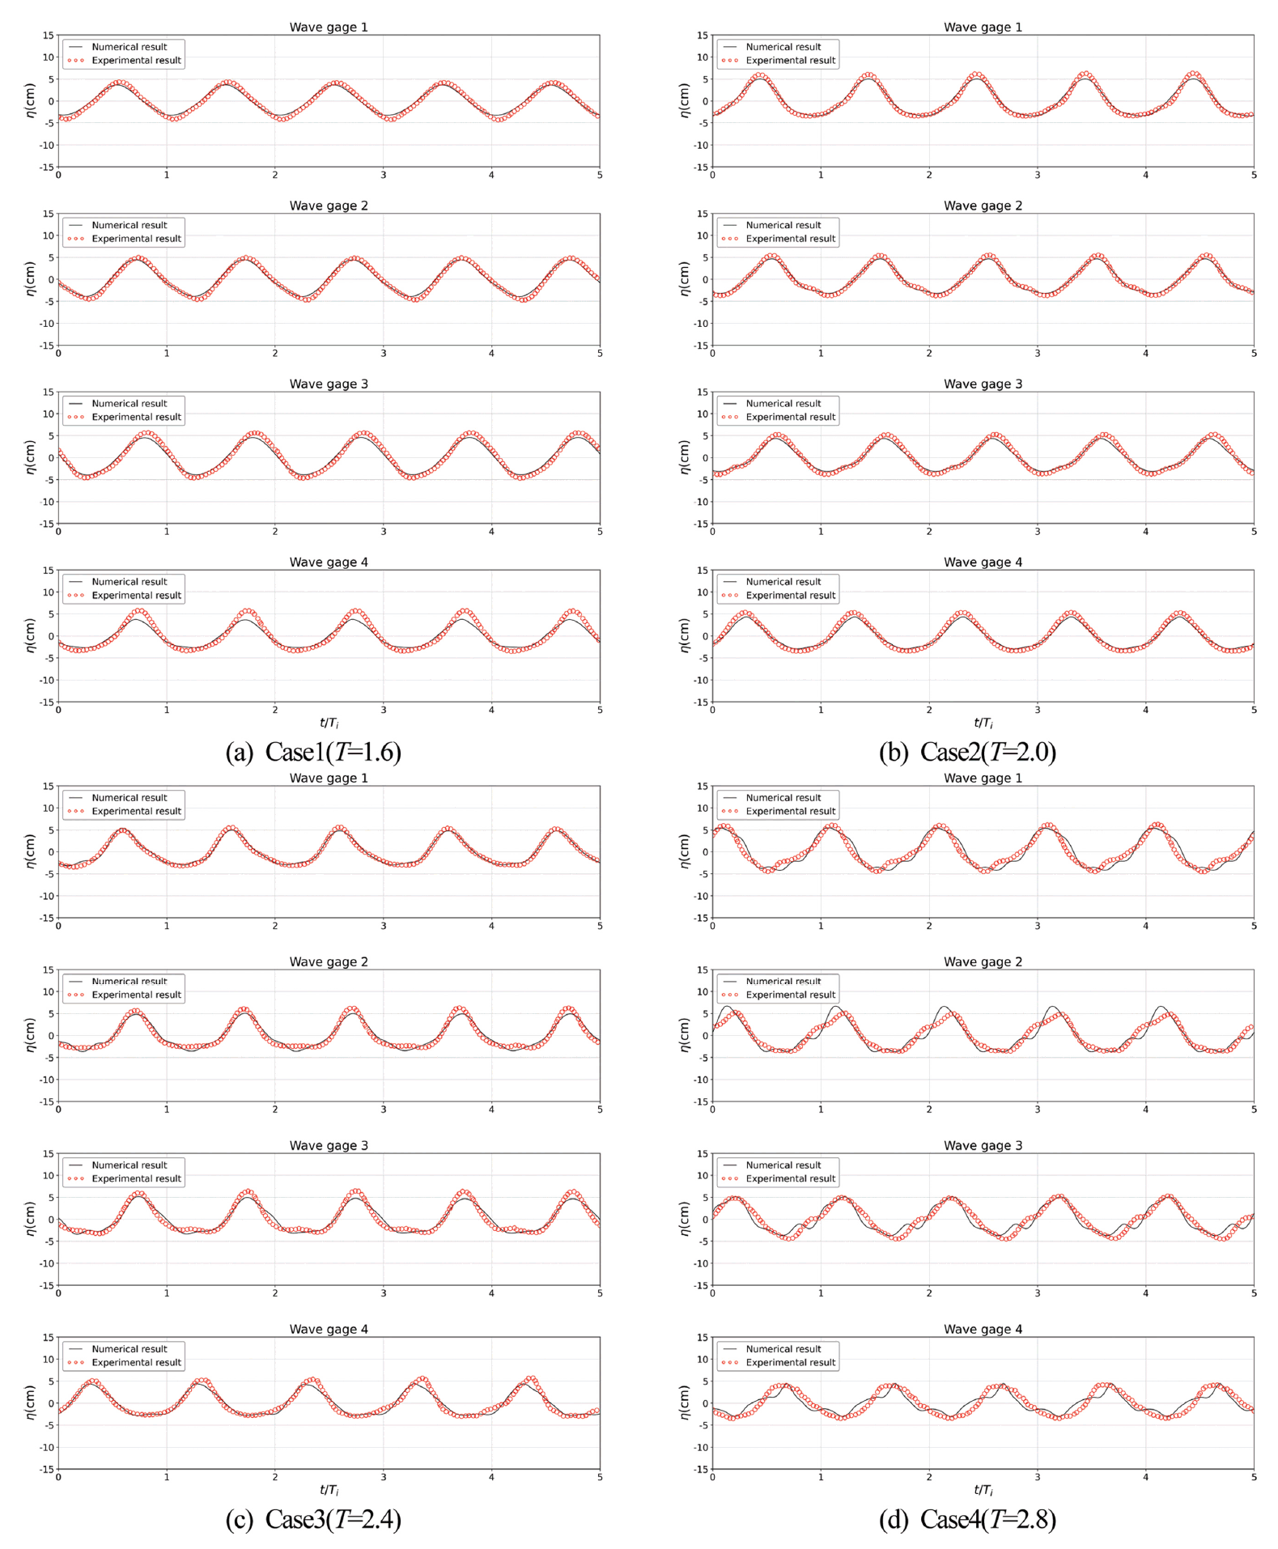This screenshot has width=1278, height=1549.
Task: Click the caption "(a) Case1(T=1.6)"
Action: pos(313,752)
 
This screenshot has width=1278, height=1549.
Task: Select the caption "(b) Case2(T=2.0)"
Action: pos(967,752)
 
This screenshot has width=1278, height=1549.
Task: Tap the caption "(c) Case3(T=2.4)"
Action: pos(313,1519)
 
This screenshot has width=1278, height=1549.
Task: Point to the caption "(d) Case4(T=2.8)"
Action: pos(967,1519)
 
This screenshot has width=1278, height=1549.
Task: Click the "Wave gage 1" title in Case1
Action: pos(329,28)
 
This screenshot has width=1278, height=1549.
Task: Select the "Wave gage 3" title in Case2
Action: pos(983,384)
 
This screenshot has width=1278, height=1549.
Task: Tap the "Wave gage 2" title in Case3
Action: pos(329,961)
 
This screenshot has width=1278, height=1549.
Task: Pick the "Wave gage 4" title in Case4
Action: pos(983,1329)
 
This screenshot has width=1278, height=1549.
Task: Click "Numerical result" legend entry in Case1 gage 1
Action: pos(129,47)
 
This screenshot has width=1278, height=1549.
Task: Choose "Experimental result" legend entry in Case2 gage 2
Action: pos(790,239)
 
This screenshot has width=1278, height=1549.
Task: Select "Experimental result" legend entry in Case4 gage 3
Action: pos(790,1178)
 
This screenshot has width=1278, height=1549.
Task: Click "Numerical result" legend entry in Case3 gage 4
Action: pos(129,1349)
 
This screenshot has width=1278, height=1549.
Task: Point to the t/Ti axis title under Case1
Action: pos(329,723)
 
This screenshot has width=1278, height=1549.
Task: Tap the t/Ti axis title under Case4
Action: pos(983,1490)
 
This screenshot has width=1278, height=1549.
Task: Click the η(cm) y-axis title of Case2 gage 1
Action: pos(684,100)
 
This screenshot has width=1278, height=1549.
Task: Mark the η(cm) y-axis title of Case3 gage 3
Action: pos(30,1219)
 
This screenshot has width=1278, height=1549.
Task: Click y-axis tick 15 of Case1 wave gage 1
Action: pos(49,36)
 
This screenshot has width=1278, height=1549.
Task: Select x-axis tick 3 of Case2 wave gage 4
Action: pos(1037,710)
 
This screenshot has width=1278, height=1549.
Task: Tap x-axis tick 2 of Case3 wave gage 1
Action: pos(275,926)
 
